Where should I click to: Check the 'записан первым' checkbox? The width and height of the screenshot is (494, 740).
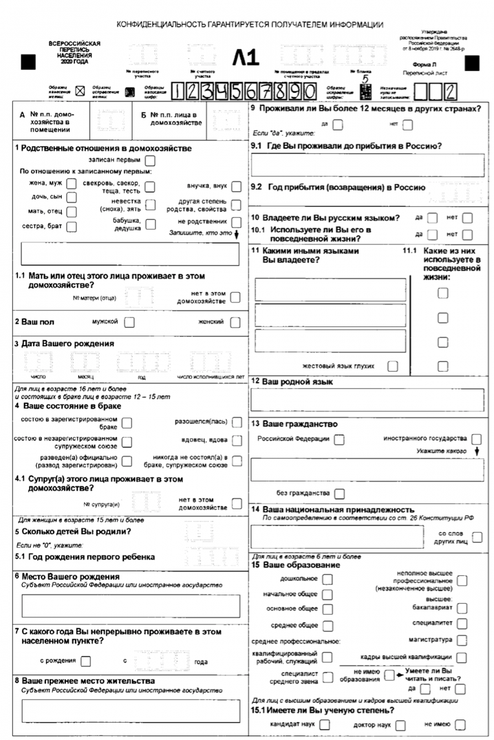[150, 160]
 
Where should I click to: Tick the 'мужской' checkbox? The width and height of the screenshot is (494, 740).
[129, 322]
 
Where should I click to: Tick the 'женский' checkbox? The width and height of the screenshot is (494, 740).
[235, 322]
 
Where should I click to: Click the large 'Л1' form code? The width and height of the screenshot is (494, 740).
[246, 59]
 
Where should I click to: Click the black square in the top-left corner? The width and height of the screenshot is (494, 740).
[29, 62]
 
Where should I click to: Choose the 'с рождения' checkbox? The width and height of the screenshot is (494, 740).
[86, 661]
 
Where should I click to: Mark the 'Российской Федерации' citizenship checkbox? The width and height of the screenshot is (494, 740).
[339, 439]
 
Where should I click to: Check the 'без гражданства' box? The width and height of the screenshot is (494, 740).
[339, 495]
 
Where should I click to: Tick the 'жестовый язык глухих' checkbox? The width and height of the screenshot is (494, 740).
[392, 366]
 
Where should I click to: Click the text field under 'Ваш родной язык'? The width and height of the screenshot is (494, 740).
[367, 400]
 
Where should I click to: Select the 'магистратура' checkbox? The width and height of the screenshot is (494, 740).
[462, 640]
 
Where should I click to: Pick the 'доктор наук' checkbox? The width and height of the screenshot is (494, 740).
[400, 725]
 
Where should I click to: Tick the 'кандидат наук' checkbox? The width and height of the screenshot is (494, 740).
[325, 725]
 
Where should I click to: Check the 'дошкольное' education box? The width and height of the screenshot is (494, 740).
[328, 579]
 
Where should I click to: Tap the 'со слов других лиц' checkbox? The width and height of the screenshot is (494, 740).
[477, 536]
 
